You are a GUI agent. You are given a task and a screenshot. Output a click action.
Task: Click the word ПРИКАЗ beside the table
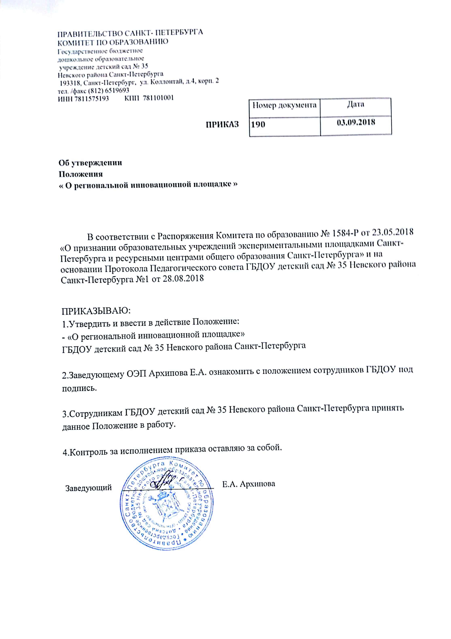pos(222,124)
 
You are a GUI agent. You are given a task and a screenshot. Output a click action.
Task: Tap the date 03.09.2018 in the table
pos(356,122)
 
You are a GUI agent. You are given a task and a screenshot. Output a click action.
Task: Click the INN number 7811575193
pos(91,98)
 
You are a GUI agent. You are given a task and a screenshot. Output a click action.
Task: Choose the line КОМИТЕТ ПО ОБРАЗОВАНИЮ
pos(113,42)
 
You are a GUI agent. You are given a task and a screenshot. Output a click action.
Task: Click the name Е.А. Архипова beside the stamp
pos(248,484)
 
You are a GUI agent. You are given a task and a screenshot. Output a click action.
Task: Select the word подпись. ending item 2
pos(79,388)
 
